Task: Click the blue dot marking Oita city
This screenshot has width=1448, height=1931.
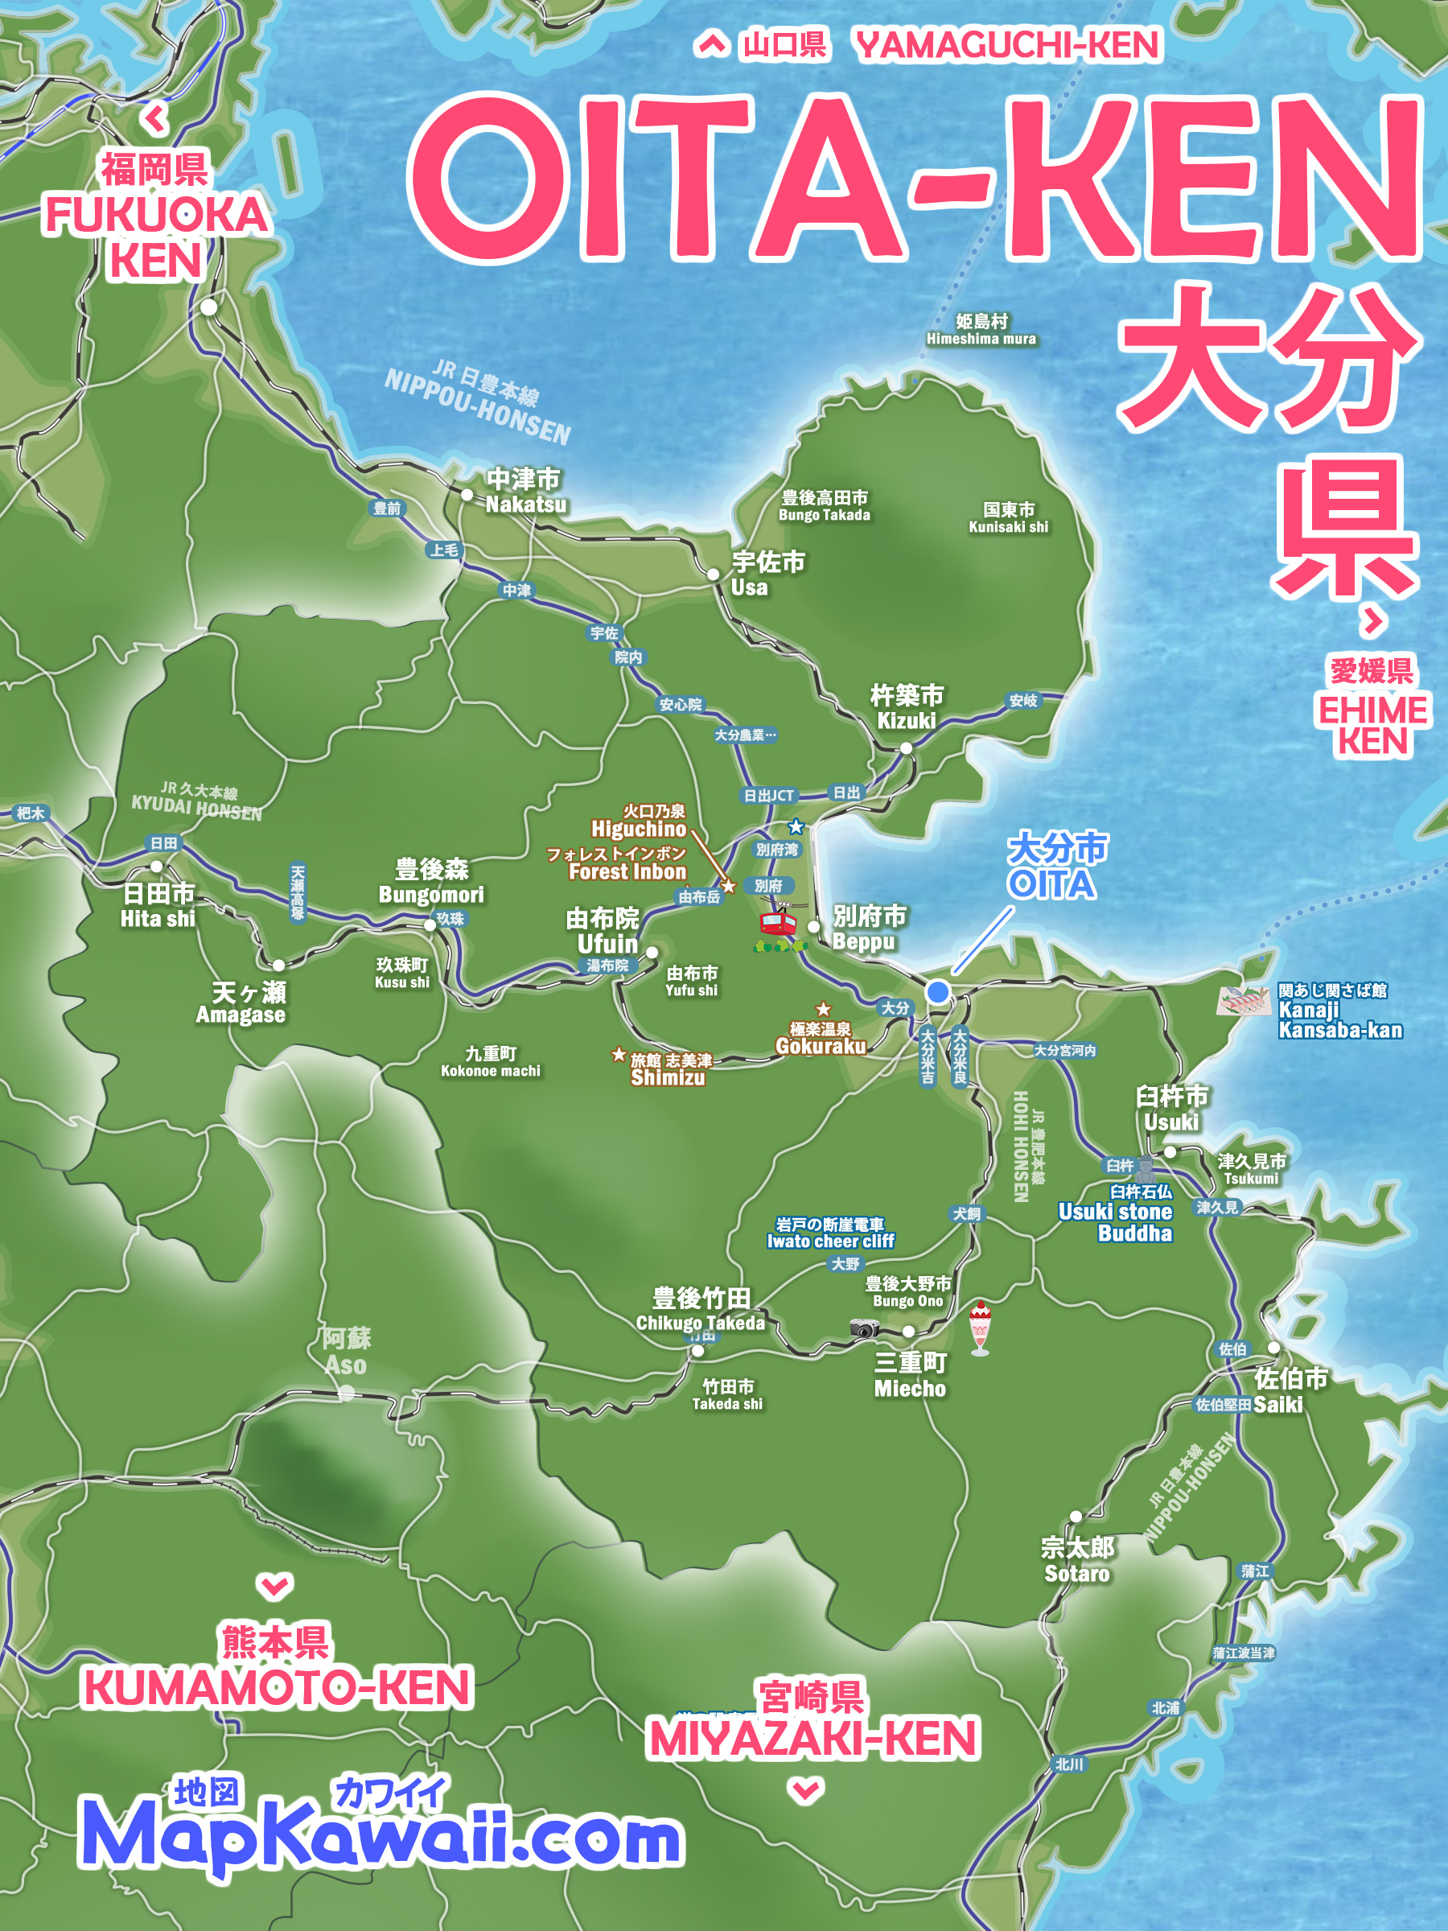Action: click(x=937, y=992)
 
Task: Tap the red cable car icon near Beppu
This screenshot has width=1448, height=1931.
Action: click(x=778, y=923)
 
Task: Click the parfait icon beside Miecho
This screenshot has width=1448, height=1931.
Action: click(x=980, y=1328)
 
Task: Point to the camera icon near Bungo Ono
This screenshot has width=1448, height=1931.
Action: click(x=864, y=1328)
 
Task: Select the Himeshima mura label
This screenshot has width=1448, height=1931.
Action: click(x=981, y=330)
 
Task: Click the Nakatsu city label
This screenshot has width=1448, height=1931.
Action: click(x=524, y=492)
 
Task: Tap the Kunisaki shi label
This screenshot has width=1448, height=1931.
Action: click(x=1008, y=517)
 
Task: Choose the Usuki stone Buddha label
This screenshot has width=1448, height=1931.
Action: click(x=1116, y=1221)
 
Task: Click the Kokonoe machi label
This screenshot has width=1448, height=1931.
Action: click(x=491, y=1061)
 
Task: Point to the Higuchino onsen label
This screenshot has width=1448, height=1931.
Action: click(x=640, y=821)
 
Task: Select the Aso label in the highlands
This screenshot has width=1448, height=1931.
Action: click(x=346, y=1352)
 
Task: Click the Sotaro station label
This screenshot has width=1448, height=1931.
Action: click(x=1077, y=1561)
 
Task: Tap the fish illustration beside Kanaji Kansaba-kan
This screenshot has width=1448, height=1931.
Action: click(x=1243, y=999)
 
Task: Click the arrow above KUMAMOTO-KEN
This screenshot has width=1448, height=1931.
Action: click(x=275, y=1584)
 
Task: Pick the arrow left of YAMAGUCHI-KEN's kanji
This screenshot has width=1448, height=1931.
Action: click(x=711, y=43)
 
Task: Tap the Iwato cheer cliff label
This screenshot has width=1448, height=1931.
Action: click(x=830, y=1233)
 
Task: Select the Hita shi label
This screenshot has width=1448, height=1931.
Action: click(x=158, y=905)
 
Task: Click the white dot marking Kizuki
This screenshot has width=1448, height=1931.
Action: click(x=906, y=748)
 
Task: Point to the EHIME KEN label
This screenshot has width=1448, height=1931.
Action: click(x=1372, y=725)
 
